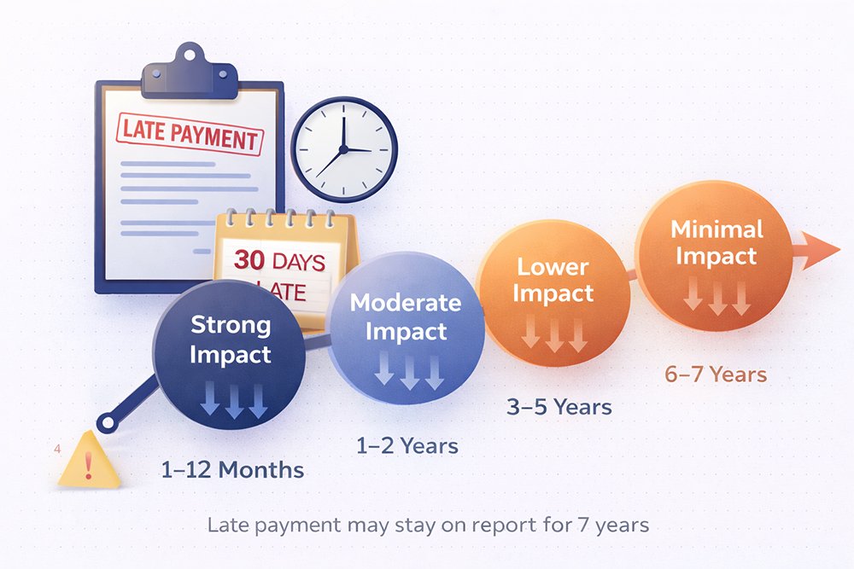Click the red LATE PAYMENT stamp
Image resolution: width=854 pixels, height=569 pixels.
coord(189,133)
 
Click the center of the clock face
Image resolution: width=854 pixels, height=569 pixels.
coord(343,150)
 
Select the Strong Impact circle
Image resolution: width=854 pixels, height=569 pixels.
coord(229,358)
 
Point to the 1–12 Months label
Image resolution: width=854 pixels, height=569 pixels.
coord(232,470)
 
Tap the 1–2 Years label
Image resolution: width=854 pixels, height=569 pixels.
coord(407,445)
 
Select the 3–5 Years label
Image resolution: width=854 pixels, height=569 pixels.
coord(559,407)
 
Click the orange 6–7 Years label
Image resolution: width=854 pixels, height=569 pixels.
coord(716,374)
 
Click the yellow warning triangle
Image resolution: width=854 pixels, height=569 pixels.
coord(89,462)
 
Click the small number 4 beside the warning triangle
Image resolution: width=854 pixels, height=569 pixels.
coord(56,449)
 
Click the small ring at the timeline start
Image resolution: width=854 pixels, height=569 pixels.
coord(106,421)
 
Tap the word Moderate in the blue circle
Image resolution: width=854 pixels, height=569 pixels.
coord(406,303)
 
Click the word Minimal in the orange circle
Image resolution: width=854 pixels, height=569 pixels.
coord(717,229)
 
